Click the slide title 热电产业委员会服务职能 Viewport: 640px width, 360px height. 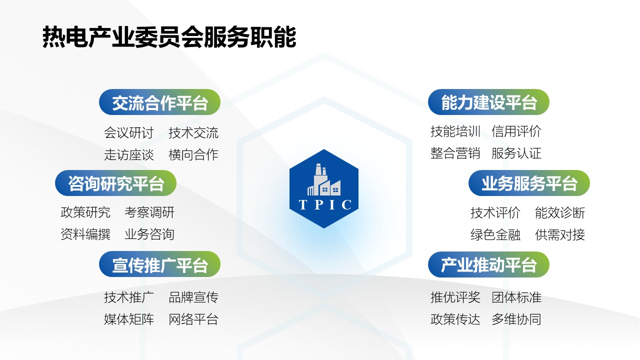[169, 37]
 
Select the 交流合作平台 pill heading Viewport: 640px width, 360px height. [160, 102]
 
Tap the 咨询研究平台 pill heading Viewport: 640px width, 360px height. [116, 183]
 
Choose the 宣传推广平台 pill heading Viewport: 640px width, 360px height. [160, 264]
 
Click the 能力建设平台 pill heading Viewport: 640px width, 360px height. [488, 102]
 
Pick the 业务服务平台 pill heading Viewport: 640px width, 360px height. [529, 183]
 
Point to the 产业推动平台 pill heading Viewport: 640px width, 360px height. [488, 264]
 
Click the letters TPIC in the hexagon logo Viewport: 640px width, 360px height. [324, 205]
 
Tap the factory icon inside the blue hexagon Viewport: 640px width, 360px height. [323, 180]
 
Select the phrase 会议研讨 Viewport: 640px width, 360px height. [129, 133]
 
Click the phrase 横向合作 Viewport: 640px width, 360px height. [193, 155]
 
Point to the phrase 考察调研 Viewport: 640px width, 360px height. [149, 212]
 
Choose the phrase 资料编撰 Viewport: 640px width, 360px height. [85, 234]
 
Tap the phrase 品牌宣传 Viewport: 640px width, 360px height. [193, 297]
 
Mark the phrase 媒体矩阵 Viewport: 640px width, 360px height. [129, 319]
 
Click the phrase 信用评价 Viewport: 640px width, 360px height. [516, 131]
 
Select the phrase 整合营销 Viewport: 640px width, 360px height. [455, 153]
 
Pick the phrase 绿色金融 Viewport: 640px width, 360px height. [495, 234]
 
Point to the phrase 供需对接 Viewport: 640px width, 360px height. [560, 234]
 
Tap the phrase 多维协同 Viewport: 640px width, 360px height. [516, 319]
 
